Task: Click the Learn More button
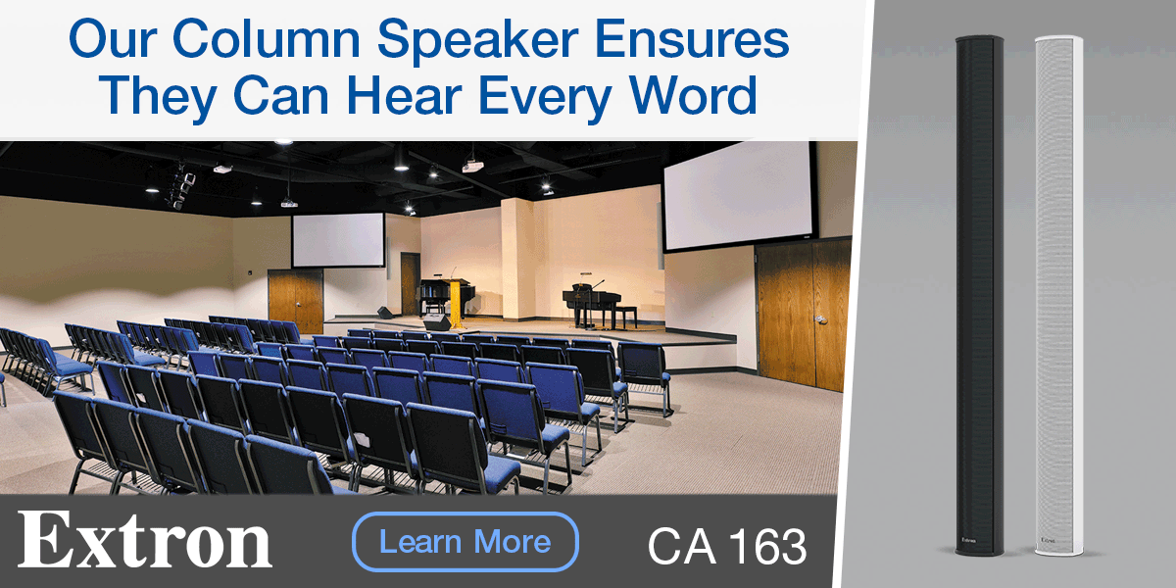tap(465, 542)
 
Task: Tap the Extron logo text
tap(145, 540)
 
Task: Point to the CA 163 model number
tap(727, 546)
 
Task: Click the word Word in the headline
tap(693, 95)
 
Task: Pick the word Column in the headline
tap(267, 38)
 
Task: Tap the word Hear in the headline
tap(404, 95)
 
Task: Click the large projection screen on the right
tap(739, 195)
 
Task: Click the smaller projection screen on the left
tap(339, 240)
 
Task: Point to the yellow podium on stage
tap(455, 303)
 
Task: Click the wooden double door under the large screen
tap(803, 316)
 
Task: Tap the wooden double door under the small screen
tap(296, 301)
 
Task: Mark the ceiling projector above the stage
tap(472, 166)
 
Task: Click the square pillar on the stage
tap(517, 259)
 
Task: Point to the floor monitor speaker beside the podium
tap(437, 321)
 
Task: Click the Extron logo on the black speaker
tap(968, 540)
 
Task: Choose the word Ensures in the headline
tap(692, 38)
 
